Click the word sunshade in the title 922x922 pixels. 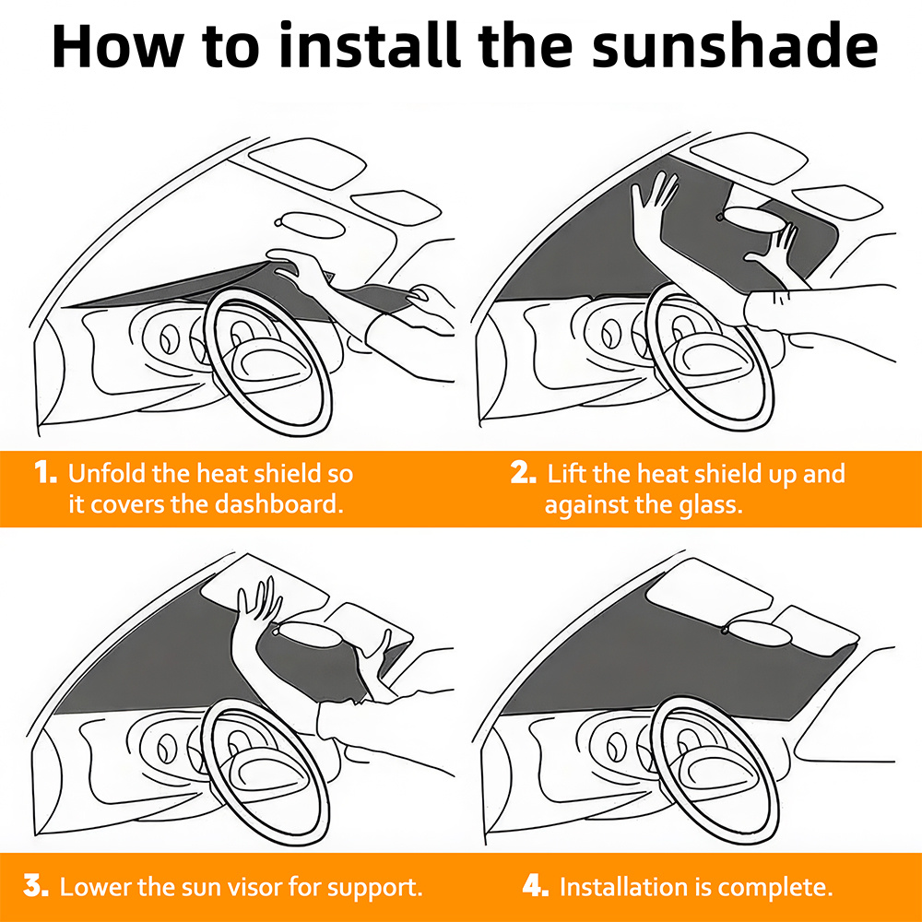[x=735, y=46]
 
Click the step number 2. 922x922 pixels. [x=523, y=472]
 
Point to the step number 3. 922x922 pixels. [x=36, y=885]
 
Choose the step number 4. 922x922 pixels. [x=535, y=885]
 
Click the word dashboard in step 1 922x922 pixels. [x=278, y=504]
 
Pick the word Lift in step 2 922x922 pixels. [x=566, y=473]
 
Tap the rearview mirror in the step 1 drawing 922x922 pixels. [x=310, y=225]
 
